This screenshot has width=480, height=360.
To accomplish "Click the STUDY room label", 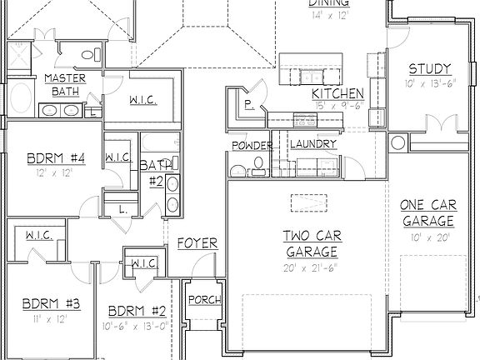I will click(x=430, y=68).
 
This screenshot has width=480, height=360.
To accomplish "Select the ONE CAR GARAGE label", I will click(x=427, y=213).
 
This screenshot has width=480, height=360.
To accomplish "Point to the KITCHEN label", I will click(x=337, y=93).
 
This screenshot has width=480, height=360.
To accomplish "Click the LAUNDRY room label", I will click(x=312, y=144).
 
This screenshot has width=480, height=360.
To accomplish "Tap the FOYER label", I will click(x=197, y=243).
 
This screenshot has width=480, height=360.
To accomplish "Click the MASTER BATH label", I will click(x=61, y=84).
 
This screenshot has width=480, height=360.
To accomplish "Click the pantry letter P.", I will click(x=248, y=104).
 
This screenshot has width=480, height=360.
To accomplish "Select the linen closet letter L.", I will click(x=122, y=208).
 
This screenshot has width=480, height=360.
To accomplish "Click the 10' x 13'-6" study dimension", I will click(x=430, y=84).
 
